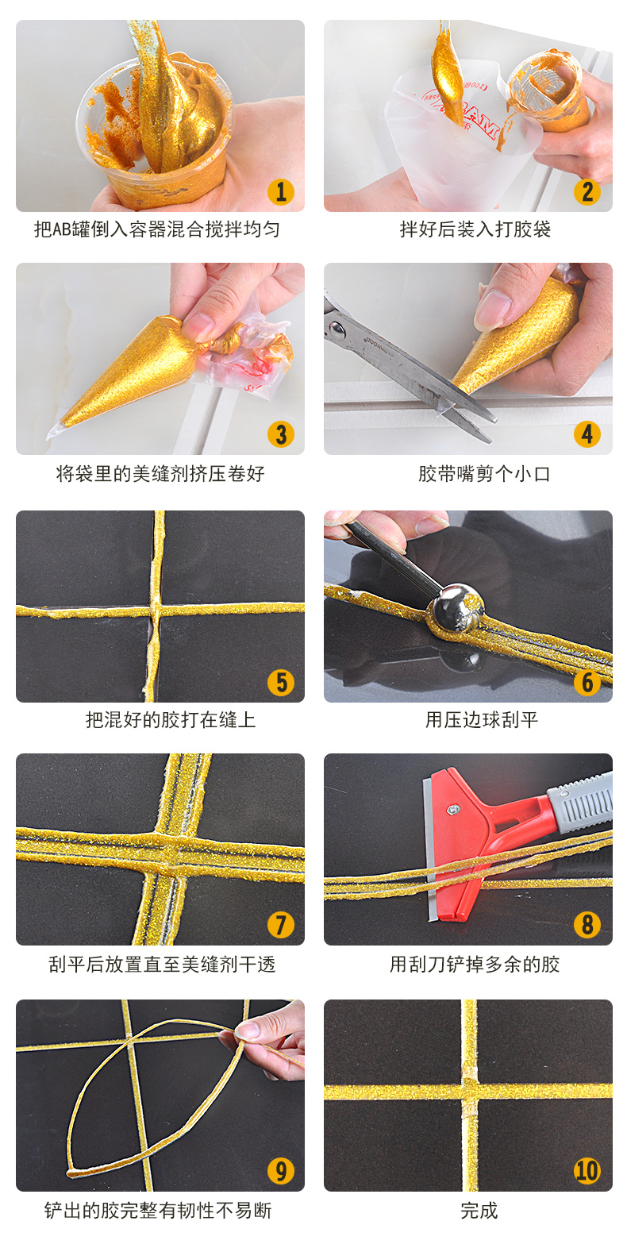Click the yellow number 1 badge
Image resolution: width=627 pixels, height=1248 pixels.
coord(281,191)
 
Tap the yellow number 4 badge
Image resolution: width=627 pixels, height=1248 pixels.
coord(587,434)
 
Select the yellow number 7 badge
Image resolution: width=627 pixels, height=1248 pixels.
coord(281,925)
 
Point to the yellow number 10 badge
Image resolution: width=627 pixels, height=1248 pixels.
coord(587,1170)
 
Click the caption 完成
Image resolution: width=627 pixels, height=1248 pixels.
coord(479,1210)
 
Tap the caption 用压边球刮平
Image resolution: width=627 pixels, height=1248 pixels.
coord(482,720)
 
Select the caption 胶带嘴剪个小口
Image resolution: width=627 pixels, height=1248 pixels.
coord(484,474)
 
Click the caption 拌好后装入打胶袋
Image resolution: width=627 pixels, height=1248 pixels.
coord(475,229)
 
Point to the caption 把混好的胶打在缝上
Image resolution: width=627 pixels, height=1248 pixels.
coord(171,720)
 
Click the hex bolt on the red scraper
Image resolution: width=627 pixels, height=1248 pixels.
coord(452,808)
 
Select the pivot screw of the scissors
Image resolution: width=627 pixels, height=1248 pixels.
coord(336,329)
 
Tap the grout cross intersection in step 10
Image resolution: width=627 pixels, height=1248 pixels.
coord(470,1092)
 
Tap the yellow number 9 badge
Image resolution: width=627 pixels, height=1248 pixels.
coord(281,1170)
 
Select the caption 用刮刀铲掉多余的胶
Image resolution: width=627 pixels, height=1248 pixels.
coord(475,964)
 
